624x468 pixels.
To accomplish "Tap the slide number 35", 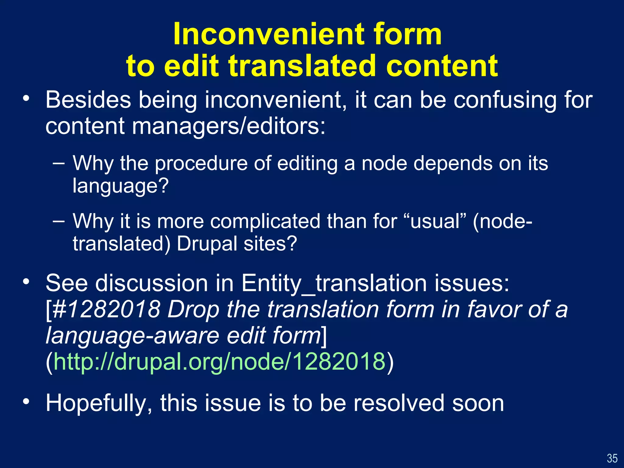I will click(x=612, y=458).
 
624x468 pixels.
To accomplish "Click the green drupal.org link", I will click(x=219, y=361).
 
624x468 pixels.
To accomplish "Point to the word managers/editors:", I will click(x=229, y=126).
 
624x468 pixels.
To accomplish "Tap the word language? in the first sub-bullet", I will click(x=120, y=186).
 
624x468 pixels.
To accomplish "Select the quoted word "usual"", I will click(x=435, y=221).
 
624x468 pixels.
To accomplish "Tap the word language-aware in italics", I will click(x=133, y=335).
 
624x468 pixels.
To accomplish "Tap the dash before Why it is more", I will click(x=58, y=221).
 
